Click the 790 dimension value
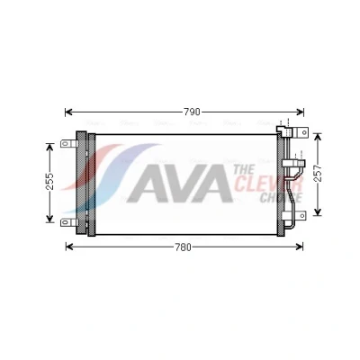[192, 112]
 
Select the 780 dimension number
[183, 247]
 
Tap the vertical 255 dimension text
[49, 181]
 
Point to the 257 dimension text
[318, 173]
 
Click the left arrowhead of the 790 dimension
[68, 112]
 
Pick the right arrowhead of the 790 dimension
[300, 112]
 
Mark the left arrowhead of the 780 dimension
[69, 247]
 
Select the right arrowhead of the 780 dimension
[299, 247]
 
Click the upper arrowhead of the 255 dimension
[49, 147]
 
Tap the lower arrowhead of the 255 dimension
[49, 219]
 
